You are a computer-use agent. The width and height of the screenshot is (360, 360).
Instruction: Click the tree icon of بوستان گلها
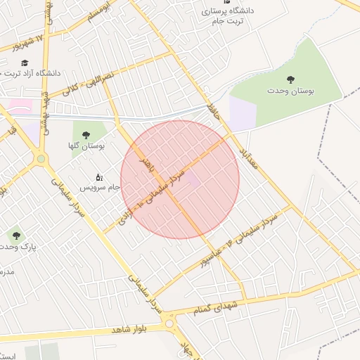(x=86, y=134)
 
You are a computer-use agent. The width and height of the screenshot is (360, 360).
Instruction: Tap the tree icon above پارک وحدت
(x=15, y=234)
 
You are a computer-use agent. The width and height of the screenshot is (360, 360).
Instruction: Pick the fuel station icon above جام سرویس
(x=99, y=176)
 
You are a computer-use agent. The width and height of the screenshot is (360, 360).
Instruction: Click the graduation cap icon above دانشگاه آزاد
(x=24, y=62)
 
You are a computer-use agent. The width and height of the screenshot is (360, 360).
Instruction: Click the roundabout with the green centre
(x=41, y=159)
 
